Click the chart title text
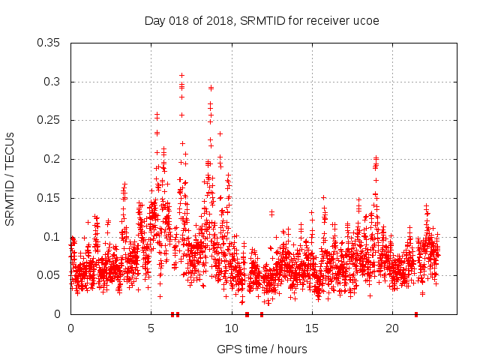[x=261, y=20]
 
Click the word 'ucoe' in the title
[x=366, y=20]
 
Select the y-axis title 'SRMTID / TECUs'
[x=10, y=178]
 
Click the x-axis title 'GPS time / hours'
[x=261, y=349]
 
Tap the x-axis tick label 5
[x=151, y=328]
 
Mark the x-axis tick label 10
[x=232, y=328]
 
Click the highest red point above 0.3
[x=181, y=75]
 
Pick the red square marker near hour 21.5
[x=416, y=314]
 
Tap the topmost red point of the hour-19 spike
[x=376, y=158]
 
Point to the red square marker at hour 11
[x=247, y=314]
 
